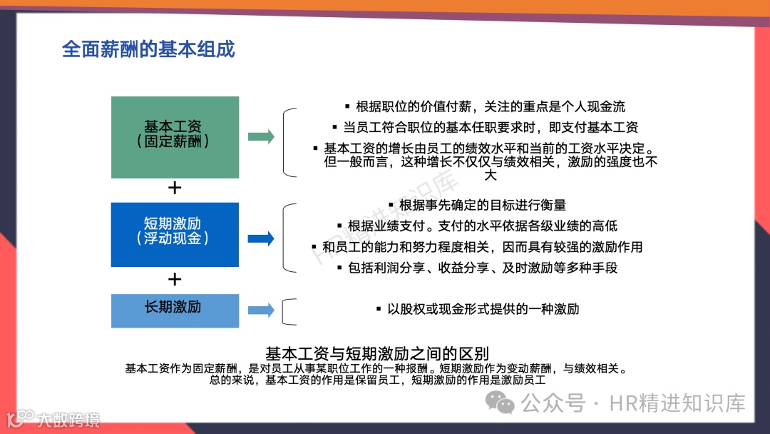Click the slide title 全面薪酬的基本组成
pyautogui.click(x=148, y=49)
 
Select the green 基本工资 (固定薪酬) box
pyautogui.click(x=175, y=136)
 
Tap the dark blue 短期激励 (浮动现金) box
pyautogui.click(x=175, y=234)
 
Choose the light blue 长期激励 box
pyautogui.click(x=175, y=310)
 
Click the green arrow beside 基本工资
pyautogui.click(x=261, y=137)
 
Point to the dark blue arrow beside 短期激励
pyautogui.click(x=261, y=238)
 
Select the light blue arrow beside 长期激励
pyautogui.click(x=261, y=310)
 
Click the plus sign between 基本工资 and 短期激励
pyautogui.click(x=175, y=188)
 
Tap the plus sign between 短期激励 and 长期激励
pyautogui.click(x=175, y=278)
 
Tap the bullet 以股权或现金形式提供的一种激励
pyautogui.click(x=477, y=309)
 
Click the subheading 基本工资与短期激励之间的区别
pyautogui.click(x=376, y=353)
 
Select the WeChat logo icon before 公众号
pyautogui.click(x=505, y=403)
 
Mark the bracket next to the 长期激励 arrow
pyautogui.click(x=288, y=311)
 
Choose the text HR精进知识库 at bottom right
pyautogui.click(x=677, y=403)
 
